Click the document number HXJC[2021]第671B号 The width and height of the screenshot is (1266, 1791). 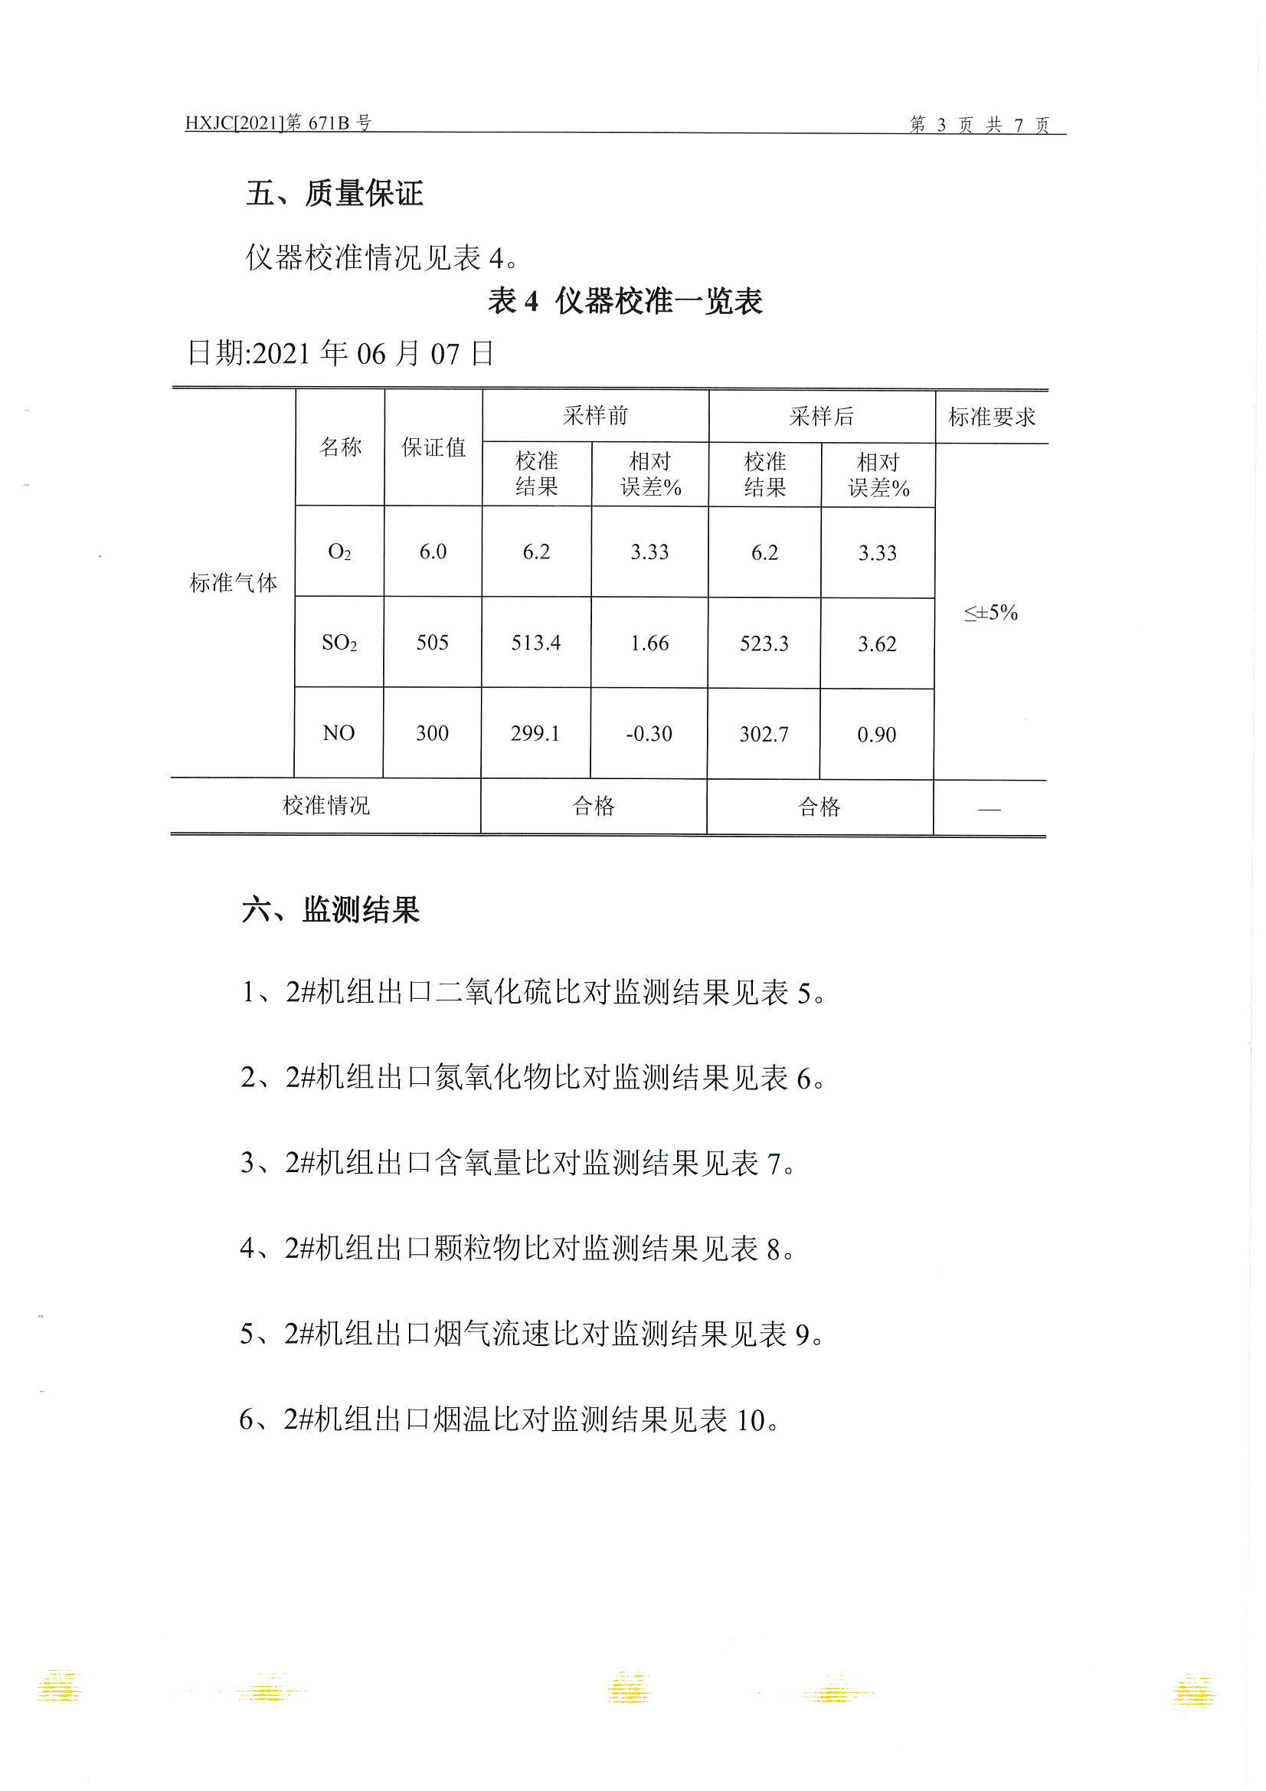pos(278,123)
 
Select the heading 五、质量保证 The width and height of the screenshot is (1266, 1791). pos(334,193)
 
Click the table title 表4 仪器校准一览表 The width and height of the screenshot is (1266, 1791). pos(625,300)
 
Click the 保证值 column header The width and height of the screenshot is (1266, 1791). pos(433,447)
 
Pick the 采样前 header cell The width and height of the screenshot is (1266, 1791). pos(595,416)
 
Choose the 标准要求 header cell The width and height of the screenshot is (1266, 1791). pos(990,417)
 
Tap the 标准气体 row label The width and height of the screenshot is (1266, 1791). pos(234,582)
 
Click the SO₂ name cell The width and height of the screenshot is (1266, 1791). pos(339,643)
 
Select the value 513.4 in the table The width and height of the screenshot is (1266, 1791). pos(536,643)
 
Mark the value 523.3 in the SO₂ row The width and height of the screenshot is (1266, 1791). pos(764,643)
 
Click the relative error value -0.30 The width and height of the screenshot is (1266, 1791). pos(648,733)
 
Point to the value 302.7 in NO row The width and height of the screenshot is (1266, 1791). pos(764,734)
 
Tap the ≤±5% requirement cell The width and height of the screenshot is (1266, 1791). pos(990,612)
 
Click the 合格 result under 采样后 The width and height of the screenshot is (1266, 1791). pos(819,807)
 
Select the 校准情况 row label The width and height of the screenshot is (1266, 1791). pos(325,805)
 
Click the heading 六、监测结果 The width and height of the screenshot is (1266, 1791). pos(330,909)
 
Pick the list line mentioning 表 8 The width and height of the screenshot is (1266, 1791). pos(516,1249)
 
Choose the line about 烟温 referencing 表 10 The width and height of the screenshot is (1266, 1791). pos(509,1419)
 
